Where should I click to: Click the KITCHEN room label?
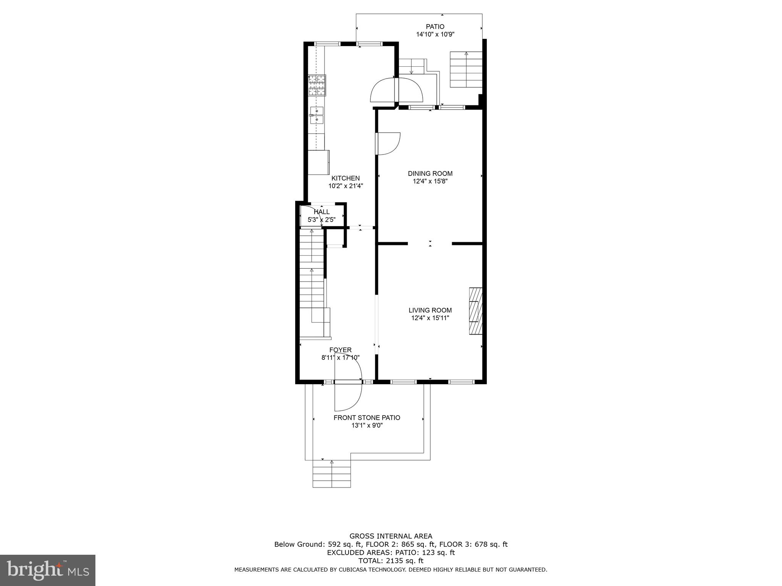[x=345, y=178]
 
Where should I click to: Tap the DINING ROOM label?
[x=430, y=174]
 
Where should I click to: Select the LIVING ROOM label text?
[x=430, y=310]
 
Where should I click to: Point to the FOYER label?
[x=340, y=350]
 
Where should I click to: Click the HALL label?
[x=322, y=212]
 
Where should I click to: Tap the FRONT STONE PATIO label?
[x=367, y=418]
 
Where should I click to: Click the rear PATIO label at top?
[x=435, y=27]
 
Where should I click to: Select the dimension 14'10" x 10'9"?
[x=435, y=34]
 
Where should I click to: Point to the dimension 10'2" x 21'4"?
[x=345, y=186]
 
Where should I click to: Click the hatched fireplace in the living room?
[x=475, y=311]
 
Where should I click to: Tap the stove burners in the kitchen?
[x=317, y=85]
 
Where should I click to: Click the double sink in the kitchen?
[x=317, y=116]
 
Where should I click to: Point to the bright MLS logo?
[x=48, y=570]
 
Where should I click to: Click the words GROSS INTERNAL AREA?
[x=391, y=536]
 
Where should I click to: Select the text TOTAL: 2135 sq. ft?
[x=391, y=561]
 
